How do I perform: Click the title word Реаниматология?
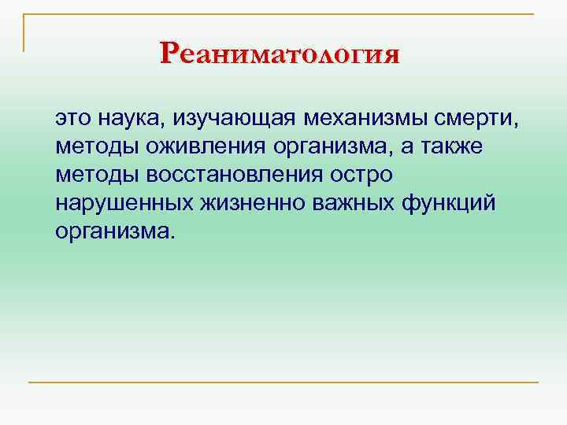click(x=280, y=54)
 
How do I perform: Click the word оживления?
click(x=193, y=147)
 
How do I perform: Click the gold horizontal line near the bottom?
click(x=283, y=382)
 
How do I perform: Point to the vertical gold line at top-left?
click(x=24, y=31)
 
